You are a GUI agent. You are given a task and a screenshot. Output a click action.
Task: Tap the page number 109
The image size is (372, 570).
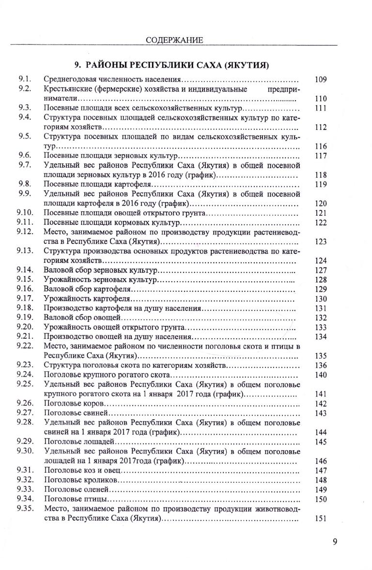[x=321, y=79]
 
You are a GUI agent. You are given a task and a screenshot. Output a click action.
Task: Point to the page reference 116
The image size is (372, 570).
[x=321, y=146]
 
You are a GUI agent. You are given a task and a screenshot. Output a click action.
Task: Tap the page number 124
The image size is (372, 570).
[x=321, y=260]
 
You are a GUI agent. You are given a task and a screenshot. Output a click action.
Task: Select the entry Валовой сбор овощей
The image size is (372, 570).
[x=81, y=317]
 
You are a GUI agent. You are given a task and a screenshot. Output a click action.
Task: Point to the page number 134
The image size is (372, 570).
[x=321, y=336]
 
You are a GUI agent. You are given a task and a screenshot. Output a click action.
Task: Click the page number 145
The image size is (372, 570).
[x=321, y=442]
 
